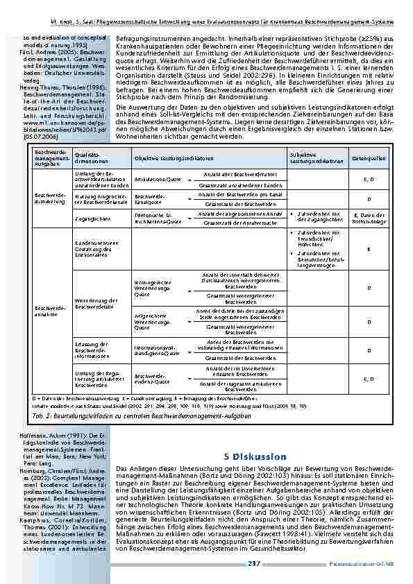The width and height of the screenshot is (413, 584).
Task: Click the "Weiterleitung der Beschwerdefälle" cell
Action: (x=92, y=303)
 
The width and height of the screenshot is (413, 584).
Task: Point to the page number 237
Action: (x=253, y=568)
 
